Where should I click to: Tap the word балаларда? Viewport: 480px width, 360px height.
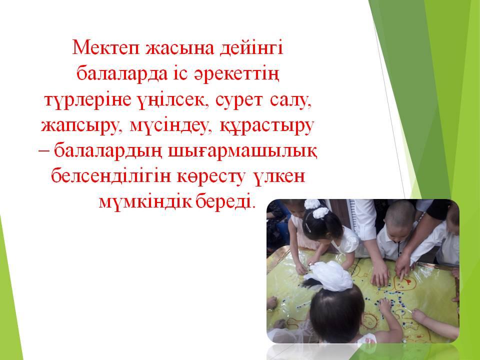[x=122, y=74]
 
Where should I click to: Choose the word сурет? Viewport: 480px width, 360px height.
[x=239, y=100]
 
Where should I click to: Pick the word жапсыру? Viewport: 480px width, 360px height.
[x=80, y=126]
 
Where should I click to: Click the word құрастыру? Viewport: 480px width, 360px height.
[x=267, y=126]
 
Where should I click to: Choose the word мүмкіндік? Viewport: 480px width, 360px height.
[x=145, y=202]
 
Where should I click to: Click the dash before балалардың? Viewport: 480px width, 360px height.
[x=44, y=150]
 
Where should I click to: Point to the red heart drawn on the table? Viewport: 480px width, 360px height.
[x=404, y=282]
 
